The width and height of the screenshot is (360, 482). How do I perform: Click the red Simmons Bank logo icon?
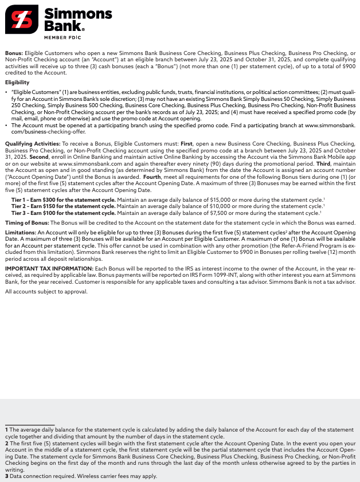click(22, 19)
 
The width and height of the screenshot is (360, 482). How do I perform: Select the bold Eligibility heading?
click(17, 83)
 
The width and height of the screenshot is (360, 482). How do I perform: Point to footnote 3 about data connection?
click(80, 476)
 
